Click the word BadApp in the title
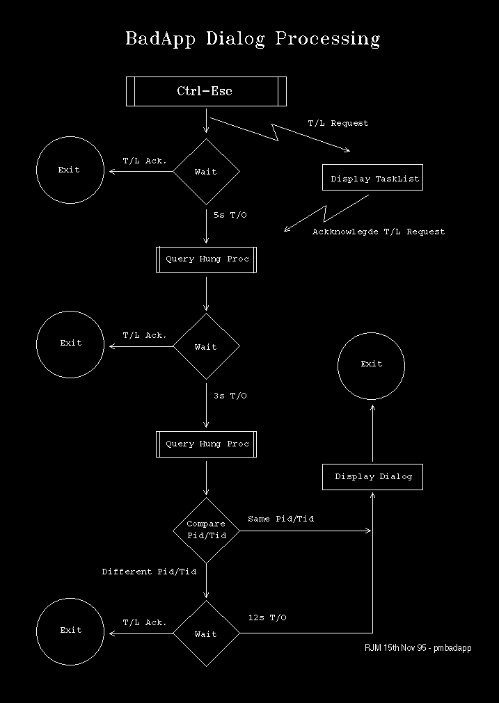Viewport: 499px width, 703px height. pos(160,39)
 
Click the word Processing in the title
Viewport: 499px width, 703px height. pos(328,39)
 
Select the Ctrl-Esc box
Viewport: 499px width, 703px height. pos(206,92)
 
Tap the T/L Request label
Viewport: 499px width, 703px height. pos(338,123)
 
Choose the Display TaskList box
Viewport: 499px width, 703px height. pos(372,177)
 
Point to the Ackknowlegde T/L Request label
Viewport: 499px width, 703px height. pos(379,232)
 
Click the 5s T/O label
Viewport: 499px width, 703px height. pos(230,215)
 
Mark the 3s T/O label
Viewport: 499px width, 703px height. pos(230,396)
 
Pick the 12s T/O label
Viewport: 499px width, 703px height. pos(267,617)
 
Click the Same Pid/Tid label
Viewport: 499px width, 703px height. pos(281,519)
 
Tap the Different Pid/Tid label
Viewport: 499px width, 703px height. pos(149,572)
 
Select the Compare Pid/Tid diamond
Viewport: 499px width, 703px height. pos(207,531)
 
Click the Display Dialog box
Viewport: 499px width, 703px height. pos(372,477)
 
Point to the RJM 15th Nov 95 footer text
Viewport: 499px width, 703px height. pos(418,648)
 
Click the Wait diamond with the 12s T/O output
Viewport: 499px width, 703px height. pos(207,633)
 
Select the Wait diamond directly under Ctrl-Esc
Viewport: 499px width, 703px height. pos(207,172)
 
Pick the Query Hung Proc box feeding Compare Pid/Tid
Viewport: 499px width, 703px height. pos(207,444)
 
